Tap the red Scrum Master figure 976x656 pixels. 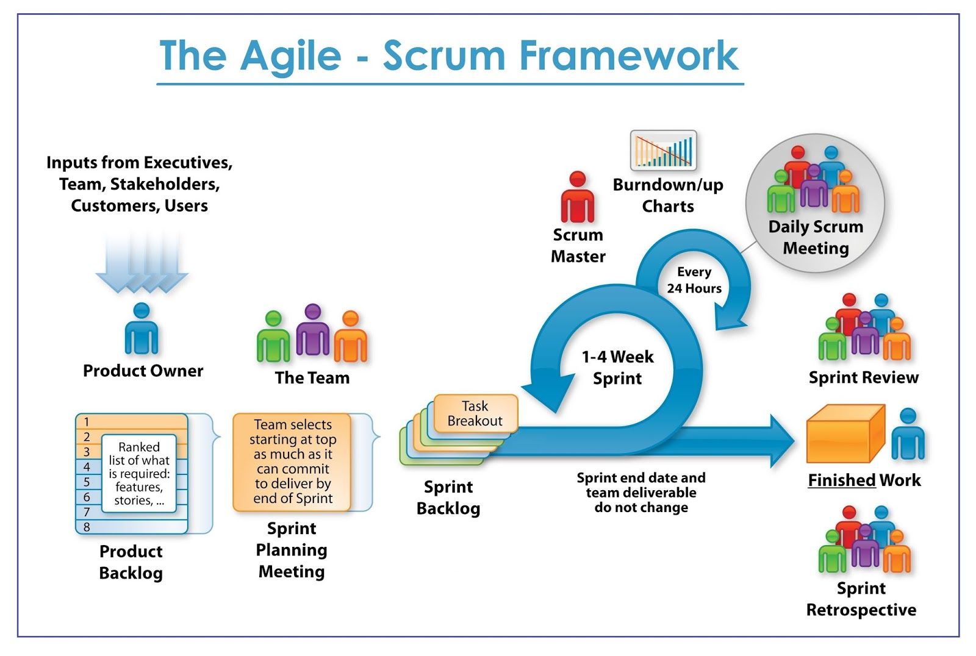click(577, 198)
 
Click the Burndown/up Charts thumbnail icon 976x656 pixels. click(663, 150)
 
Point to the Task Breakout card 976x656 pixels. click(475, 414)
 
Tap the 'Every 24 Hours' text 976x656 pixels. click(694, 280)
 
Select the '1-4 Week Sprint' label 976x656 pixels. click(617, 367)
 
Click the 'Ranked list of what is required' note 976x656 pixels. click(139, 473)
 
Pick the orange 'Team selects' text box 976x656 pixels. click(292, 462)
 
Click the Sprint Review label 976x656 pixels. click(863, 377)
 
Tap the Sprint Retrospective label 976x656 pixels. click(861, 599)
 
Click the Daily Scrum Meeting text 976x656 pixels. click(816, 237)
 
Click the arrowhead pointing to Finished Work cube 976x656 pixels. click(780, 441)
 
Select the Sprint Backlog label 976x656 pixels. click(448, 497)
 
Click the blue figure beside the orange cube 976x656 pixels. click(908, 435)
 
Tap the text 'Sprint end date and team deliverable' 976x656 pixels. click(641, 485)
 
